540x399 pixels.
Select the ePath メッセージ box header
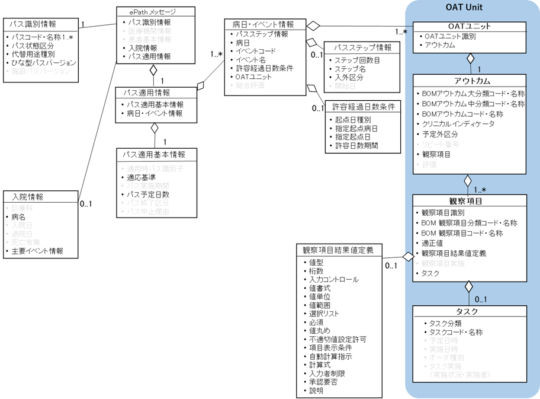point(153,12)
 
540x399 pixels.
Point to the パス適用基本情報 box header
point(154,155)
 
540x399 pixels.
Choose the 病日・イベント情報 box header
point(263,24)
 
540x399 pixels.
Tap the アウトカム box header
point(470,81)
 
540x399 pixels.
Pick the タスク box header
point(470,311)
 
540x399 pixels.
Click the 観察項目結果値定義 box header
point(338,250)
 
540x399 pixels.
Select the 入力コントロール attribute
point(333,279)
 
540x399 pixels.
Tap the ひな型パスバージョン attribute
point(44,62)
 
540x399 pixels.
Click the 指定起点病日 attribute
point(356,128)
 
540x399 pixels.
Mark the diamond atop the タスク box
point(469,287)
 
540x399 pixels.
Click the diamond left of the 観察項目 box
point(407,256)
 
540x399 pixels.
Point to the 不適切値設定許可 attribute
point(337,340)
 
